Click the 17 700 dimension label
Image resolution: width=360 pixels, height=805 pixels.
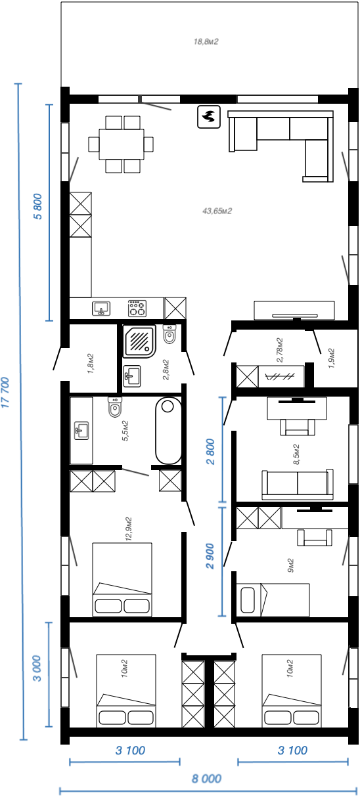(6, 393)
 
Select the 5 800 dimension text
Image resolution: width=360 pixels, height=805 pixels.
(38, 206)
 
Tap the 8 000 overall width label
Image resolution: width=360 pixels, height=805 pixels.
(206, 779)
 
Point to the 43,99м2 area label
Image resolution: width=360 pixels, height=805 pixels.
(217, 211)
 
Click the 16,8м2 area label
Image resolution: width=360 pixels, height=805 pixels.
(206, 41)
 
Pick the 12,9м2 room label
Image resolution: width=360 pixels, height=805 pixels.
(128, 529)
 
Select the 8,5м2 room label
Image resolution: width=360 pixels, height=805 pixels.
(296, 454)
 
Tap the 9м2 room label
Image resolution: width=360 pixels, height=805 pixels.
(290, 565)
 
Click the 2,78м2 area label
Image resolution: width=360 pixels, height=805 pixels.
(280, 350)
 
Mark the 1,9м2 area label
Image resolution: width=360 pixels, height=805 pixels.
(331, 359)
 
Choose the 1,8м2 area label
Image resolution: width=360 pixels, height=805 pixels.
(91, 363)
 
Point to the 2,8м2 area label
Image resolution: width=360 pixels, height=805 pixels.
(166, 370)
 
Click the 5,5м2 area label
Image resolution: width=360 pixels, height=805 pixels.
(125, 431)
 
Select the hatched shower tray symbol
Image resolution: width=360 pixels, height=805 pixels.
(139, 341)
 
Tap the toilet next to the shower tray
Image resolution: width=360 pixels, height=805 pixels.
(169, 334)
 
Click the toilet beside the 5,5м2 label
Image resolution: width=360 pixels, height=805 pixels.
(115, 407)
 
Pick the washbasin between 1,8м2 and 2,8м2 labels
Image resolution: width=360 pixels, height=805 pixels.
(132, 376)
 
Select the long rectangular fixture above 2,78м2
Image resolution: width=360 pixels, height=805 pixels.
(294, 311)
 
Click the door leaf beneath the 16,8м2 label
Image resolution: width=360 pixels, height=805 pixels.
(156, 104)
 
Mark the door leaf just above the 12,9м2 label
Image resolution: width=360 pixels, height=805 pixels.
(136, 472)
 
